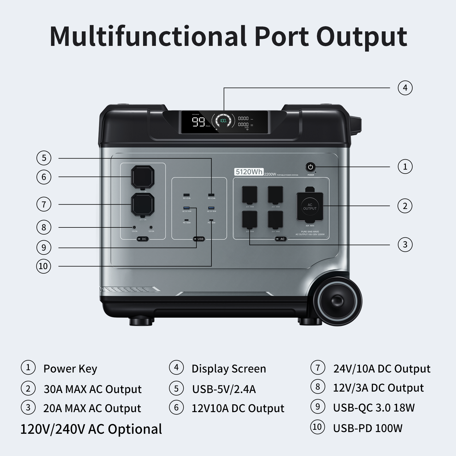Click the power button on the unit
coord(310,167)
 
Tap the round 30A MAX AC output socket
coord(310,207)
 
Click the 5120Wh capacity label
coord(249,172)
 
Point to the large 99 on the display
coord(198,122)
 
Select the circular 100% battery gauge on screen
coord(223,121)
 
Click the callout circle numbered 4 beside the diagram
coord(405,88)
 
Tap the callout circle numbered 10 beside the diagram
coord(44,266)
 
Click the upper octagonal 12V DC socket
coord(143,177)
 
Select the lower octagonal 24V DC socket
coord(143,204)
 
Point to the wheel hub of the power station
coord(337,301)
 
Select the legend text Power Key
coord(70,369)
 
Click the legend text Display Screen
coord(229,369)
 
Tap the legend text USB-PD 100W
coord(368,428)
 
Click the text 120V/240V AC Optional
coord(91,429)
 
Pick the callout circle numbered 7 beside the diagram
coord(44,204)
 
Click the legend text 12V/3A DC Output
coord(378,388)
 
